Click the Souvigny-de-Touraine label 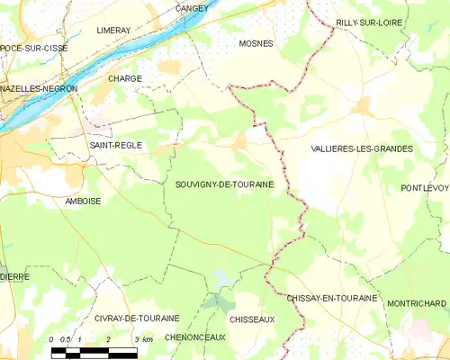[x=225, y=183]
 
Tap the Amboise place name [x=83, y=202]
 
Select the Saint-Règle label [x=116, y=145]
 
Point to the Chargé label [x=125, y=78]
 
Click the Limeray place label [x=113, y=30]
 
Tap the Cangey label [x=192, y=8]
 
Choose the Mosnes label [x=256, y=42]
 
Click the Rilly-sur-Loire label [x=369, y=22]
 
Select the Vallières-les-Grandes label [x=361, y=148]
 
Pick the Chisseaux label [x=251, y=319]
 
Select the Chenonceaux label [x=195, y=336]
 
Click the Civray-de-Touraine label [x=137, y=319]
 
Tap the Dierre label [x=14, y=276]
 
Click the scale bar [x=94, y=350]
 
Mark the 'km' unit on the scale [x=148, y=339]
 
